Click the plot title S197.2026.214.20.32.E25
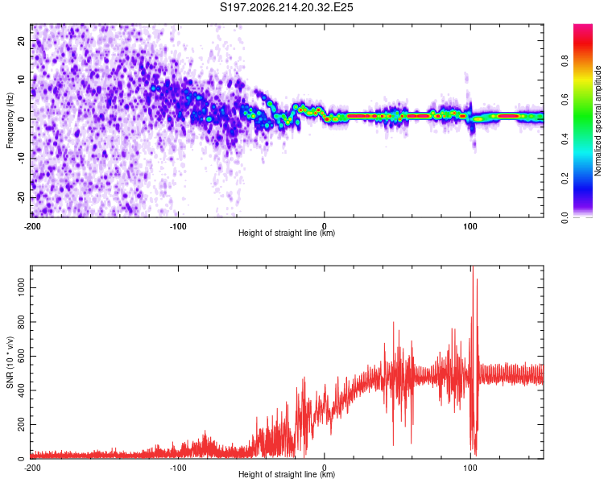pyautogui.click(x=286, y=7)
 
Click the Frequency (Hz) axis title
pyautogui.click(x=10, y=121)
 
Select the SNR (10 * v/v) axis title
pyautogui.click(x=10, y=362)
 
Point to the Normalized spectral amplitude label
pyautogui.click(x=598, y=121)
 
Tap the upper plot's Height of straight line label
pyautogui.click(x=287, y=233)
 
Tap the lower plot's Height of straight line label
pyautogui.click(x=287, y=474)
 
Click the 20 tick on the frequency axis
pyautogui.click(x=22, y=41)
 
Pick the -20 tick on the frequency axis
pyautogui.click(x=22, y=198)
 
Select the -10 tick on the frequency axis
pyautogui.click(x=22, y=159)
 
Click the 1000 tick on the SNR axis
pyautogui.click(x=22, y=287)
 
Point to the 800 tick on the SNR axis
pyautogui.click(x=22, y=322)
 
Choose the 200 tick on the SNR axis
pyautogui.click(x=22, y=424)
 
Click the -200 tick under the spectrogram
pyautogui.click(x=32, y=226)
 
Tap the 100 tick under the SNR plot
pyautogui.click(x=470, y=468)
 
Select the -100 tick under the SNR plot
pyautogui.click(x=178, y=468)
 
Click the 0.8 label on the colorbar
pyautogui.click(x=565, y=60)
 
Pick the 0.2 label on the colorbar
pyautogui.click(x=565, y=179)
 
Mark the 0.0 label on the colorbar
pyautogui.click(x=565, y=217)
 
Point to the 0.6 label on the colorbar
pyautogui.click(x=565, y=100)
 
